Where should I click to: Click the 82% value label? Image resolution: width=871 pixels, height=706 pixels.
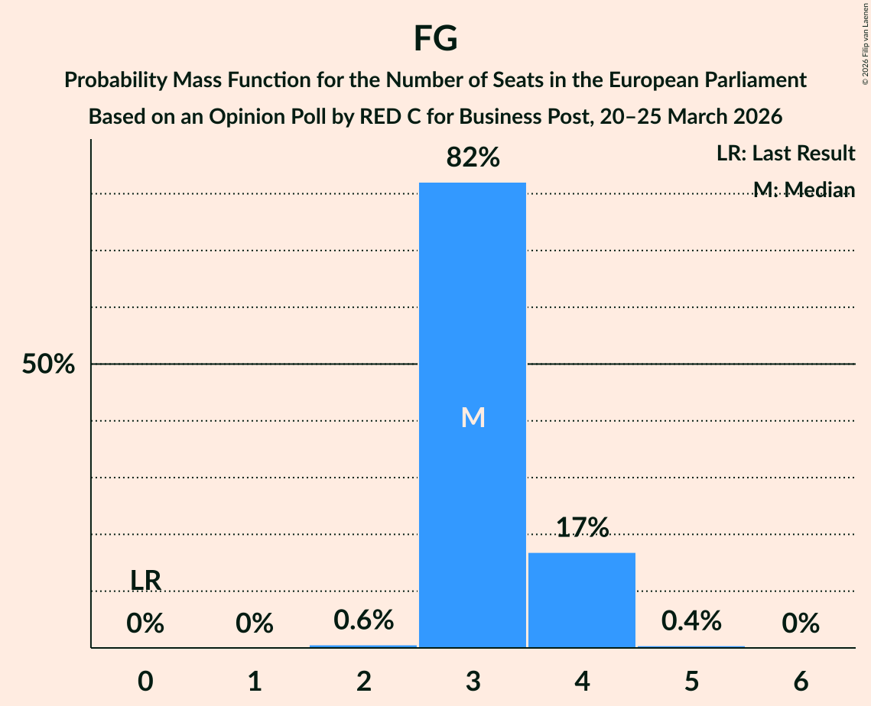click(x=473, y=158)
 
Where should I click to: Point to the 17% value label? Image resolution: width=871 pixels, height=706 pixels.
click(x=582, y=527)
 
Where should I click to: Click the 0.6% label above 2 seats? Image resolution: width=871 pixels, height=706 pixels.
click(x=364, y=620)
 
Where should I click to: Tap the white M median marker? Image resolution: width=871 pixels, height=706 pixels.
click(x=473, y=417)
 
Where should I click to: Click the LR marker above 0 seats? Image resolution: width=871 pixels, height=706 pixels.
click(x=145, y=581)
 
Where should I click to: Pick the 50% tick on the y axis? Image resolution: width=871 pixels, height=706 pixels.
click(x=48, y=364)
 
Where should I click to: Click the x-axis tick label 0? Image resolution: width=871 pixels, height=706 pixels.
click(x=145, y=681)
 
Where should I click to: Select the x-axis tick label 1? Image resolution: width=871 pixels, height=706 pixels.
click(x=255, y=681)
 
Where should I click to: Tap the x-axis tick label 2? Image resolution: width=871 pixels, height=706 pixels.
click(x=364, y=681)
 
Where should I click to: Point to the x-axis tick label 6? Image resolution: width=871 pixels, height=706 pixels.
click(x=801, y=681)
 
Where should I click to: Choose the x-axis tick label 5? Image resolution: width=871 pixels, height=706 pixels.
click(x=691, y=681)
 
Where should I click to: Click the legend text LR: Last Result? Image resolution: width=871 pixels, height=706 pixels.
click(x=785, y=154)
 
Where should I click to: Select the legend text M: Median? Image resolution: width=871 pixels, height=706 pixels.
click(x=804, y=189)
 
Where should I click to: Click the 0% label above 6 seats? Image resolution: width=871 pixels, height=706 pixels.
click(x=801, y=624)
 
